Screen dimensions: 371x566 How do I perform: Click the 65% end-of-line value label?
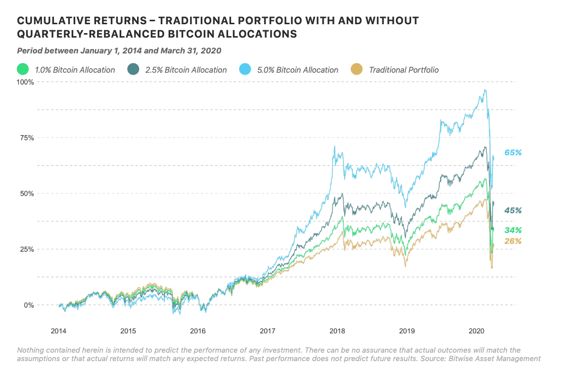click(x=513, y=153)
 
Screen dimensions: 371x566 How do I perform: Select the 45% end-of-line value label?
click(x=513, y=211)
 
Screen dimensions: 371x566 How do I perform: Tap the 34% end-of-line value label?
click(x=513, y=231)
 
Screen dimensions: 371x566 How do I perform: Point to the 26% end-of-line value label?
click(x=513, y=241)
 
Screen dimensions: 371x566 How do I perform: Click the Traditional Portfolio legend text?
click(x=404, y=70)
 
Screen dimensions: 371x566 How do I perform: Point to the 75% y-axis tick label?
click(x=26, y=138)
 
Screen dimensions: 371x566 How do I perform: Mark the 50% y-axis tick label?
click(x=26, y=193)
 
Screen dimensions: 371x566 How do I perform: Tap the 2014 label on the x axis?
click(x=59, y=330)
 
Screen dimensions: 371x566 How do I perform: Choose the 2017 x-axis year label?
click(x=268, y=330)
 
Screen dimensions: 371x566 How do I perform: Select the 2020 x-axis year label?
click(x=476, y=330)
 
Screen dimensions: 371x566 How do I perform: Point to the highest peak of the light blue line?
click(x=485, y=90)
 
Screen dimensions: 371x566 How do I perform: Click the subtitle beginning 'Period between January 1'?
click(x=119, y=50)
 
